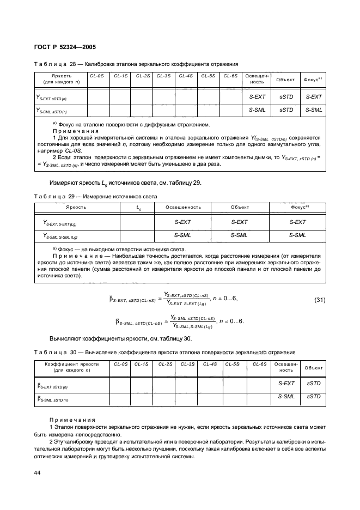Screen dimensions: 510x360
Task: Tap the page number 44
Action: coord(38,472)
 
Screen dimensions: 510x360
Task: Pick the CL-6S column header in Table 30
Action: coord(259,363)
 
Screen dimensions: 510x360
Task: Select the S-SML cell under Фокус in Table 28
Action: coord(313,110)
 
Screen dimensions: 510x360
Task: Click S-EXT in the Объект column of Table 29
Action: coord(239,222)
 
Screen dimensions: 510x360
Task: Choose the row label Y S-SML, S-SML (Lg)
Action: coord(60,236)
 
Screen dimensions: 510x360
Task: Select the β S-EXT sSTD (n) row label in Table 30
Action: coord(53,385)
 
